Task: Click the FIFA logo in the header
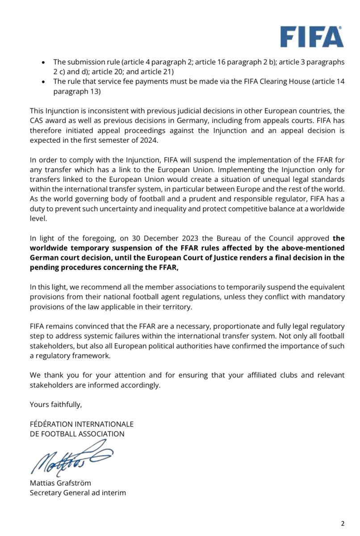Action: [x=312, y=37]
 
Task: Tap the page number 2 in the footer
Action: [x=343, y=523]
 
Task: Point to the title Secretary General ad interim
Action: [x=78, y=493]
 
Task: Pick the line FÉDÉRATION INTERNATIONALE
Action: [x=81, y=424]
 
